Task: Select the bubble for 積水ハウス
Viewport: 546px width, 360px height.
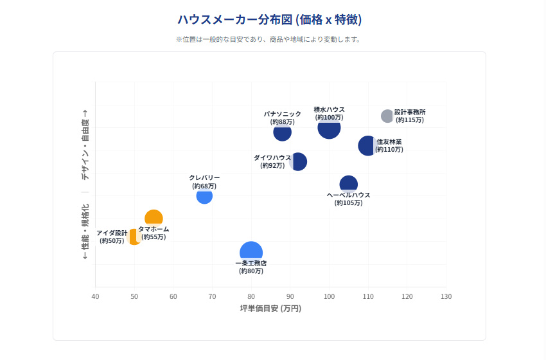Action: pos(329,127)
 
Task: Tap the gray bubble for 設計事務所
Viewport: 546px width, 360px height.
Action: pos(387,116)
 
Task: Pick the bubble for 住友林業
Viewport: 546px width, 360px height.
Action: pos(367,146)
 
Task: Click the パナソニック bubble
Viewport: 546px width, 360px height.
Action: pos(282,132)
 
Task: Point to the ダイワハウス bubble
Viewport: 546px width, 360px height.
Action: pos(299,161)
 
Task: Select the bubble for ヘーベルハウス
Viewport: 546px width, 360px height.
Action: pos(348,184)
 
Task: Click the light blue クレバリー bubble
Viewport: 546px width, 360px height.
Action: pos(204,195)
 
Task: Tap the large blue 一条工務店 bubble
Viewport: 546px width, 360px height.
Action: pos(251,252)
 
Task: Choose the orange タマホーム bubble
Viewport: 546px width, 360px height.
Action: pos(154,219)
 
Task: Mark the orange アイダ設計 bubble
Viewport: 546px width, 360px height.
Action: pos(133,237)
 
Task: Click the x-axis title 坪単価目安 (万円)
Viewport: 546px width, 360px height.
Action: pos(270,309)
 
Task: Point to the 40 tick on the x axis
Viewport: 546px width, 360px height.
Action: pos(95,296)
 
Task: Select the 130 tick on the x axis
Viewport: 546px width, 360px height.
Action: pos(446,296)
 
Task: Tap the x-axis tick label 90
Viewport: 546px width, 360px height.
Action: pos(290,296)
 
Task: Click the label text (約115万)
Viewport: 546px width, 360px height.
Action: pos(409,120)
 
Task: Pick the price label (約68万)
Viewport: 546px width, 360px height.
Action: pos(204,186)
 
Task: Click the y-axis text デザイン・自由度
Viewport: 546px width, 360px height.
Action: pos(85,149)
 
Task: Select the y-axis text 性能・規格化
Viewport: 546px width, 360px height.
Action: pos(85,231)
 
